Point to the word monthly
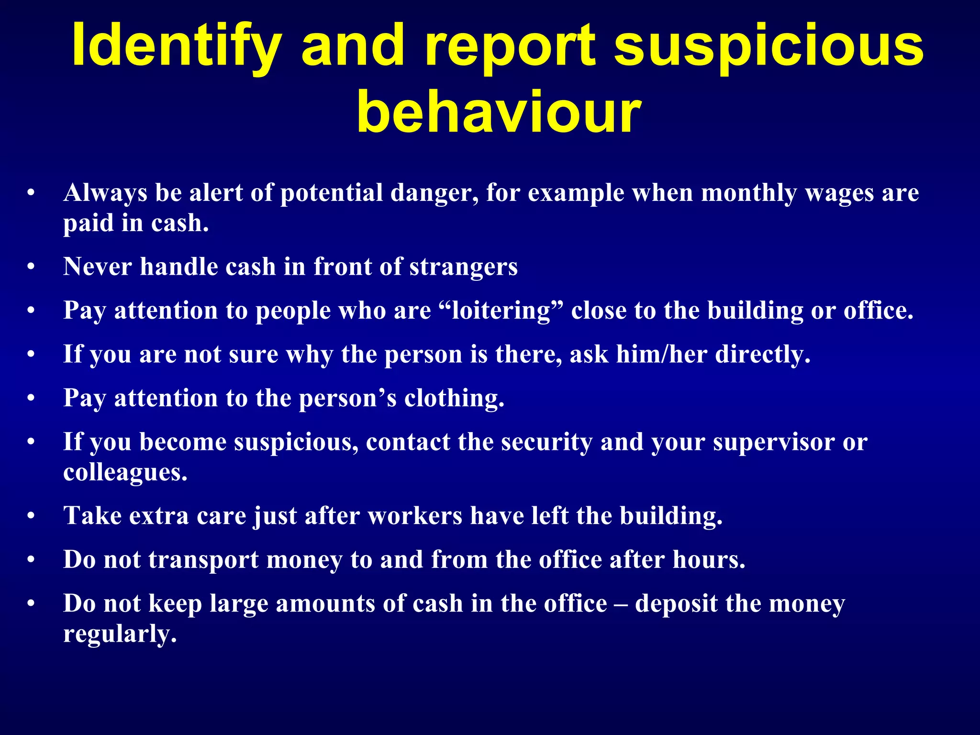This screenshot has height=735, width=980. pos(749,193)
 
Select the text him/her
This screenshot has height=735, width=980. pos(662,355)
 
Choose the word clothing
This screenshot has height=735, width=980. pos(454,398)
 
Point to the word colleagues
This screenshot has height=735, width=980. pos(125,473)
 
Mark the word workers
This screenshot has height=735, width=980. pos(415,516)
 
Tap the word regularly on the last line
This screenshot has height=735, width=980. pos(120,635)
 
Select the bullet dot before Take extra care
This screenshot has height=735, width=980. pos(31,517)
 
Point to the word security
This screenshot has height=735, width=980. pos(547,442)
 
